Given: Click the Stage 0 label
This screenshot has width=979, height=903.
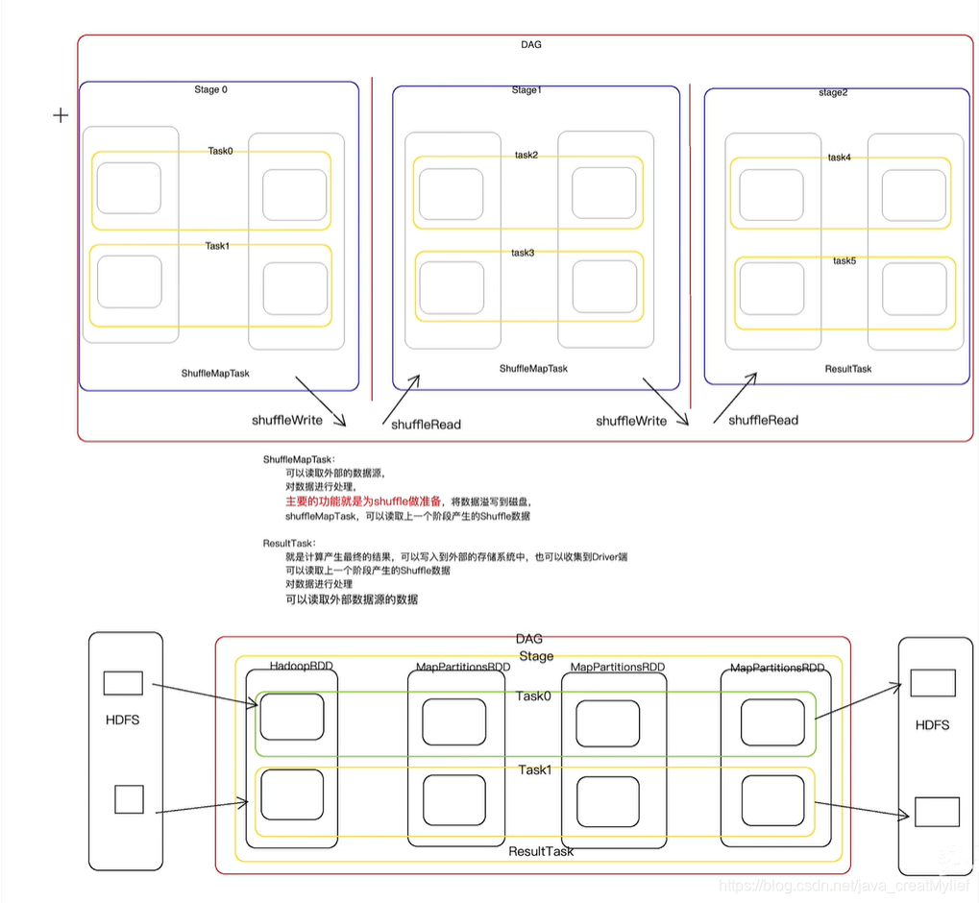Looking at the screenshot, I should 210,90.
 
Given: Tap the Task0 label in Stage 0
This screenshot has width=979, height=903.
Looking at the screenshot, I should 220,151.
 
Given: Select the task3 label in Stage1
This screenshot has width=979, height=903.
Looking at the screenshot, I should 524,253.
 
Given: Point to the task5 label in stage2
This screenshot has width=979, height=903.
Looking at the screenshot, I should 844,261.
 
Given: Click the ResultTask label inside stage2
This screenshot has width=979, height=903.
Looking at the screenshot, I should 848,369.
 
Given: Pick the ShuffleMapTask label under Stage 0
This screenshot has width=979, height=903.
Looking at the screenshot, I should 215,373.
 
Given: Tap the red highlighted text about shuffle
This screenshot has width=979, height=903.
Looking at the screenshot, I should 363,501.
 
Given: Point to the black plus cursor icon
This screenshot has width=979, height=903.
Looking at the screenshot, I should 61,115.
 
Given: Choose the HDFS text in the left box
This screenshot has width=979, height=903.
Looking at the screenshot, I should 122,720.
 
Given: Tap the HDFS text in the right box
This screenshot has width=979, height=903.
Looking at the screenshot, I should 931,725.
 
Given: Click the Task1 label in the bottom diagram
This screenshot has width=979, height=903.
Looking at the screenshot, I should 534,770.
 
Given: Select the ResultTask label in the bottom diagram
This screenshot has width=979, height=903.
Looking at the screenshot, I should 541,851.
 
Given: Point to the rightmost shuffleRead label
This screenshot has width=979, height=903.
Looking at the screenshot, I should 763,420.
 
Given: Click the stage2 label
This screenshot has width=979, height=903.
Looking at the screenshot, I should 833,93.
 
